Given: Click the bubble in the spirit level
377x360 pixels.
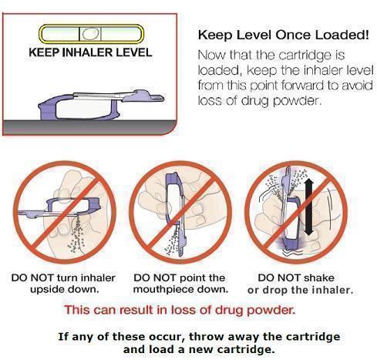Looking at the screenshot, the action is tap(90, 34).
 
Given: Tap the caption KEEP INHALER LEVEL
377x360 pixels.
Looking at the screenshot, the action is tap(90, 52).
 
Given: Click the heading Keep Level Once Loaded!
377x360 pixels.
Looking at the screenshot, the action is tap(284, 35).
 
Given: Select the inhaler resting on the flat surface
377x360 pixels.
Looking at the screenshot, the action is tap(100, 106).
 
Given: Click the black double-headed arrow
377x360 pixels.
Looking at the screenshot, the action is tap(308, 207).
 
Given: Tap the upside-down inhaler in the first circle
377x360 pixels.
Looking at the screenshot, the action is tap(59, 207).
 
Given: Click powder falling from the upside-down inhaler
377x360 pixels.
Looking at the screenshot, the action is tap(76, 234).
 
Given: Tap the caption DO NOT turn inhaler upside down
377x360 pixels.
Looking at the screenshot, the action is tap(63, 284).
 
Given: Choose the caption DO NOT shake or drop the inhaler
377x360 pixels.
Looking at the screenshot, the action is tap(300, 284).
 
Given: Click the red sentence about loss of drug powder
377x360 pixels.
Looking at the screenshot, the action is tap(180, 310).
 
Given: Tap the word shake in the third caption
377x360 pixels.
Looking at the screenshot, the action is tap(318, 278).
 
